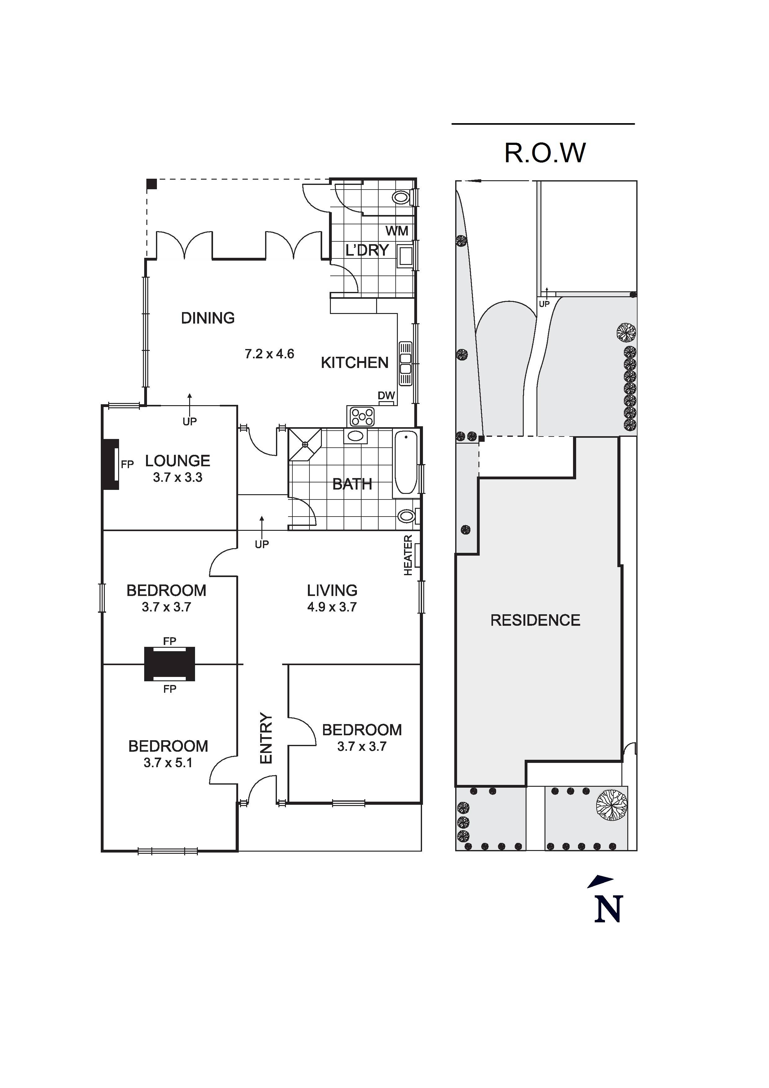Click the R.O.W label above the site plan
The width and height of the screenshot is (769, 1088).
click(545, 153)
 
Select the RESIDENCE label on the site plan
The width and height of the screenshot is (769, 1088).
click(535, 620)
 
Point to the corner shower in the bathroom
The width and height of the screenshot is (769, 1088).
click(304, 444)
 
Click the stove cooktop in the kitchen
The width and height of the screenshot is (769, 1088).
click(362, 417)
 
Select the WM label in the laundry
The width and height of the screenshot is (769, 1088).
click(396, 231)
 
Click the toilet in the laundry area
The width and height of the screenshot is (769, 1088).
click(402, 197)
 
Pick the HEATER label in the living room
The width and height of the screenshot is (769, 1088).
click(408, 555)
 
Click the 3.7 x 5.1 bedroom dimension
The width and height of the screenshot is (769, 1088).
click(168, 763)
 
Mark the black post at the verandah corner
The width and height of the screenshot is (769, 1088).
click(152, 184)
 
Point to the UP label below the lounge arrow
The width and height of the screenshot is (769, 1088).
click(189, 421)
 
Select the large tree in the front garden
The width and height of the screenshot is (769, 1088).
click(611, 805)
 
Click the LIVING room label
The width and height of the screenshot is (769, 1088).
click(332, 590)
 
